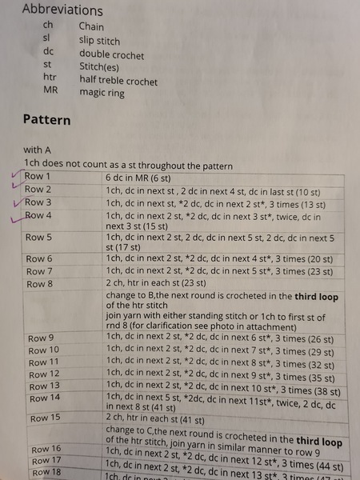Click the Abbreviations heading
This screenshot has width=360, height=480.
62,10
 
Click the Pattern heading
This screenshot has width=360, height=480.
46,120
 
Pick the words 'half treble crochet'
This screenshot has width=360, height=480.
118,81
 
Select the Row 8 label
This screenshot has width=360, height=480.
39,284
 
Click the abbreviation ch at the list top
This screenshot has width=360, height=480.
47,26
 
